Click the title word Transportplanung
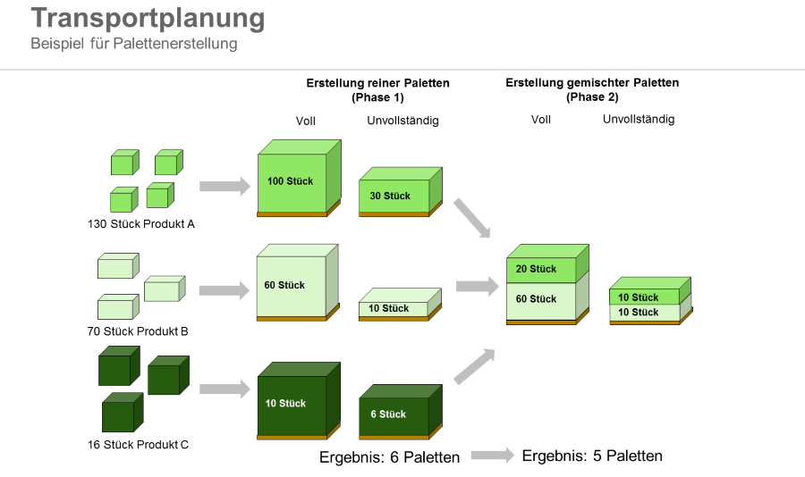(148, 19)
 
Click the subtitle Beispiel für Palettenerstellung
(134, 44)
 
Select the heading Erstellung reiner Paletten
(377, 83)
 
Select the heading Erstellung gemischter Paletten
(592, 83)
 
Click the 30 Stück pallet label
(390, 197)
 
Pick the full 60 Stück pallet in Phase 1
(291, 286)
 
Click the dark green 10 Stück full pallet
(292, 404)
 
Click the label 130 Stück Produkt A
(141, 224)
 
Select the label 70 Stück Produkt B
(140, 331)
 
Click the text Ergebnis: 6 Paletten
(390, 457)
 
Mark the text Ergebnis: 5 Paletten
(592, 456)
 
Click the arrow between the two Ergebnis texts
(492, 456)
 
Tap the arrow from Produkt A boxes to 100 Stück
(224, 186)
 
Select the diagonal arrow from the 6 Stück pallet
(474, 366)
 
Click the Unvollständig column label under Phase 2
(639, 120)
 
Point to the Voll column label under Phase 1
(306, 121)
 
